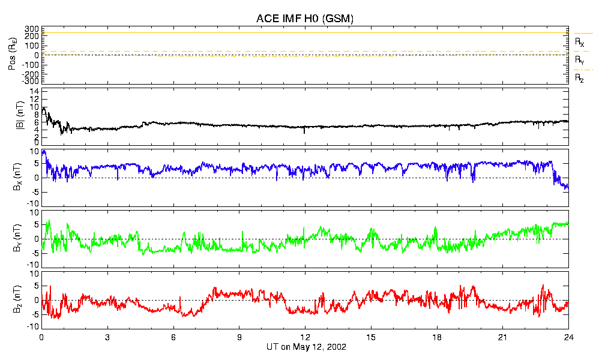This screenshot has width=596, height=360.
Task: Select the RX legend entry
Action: [579, 42]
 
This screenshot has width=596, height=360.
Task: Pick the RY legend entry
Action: [579, 60]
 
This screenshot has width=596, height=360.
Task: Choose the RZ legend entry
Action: [579, 78]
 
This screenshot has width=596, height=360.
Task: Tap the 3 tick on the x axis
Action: [107, 337]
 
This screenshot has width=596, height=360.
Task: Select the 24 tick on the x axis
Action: [568, 337]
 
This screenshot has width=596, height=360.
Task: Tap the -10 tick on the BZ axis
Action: [33, 326]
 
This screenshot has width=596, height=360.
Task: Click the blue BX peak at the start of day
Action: [44, 151]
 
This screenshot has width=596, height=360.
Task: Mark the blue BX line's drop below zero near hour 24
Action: [564, 185]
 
